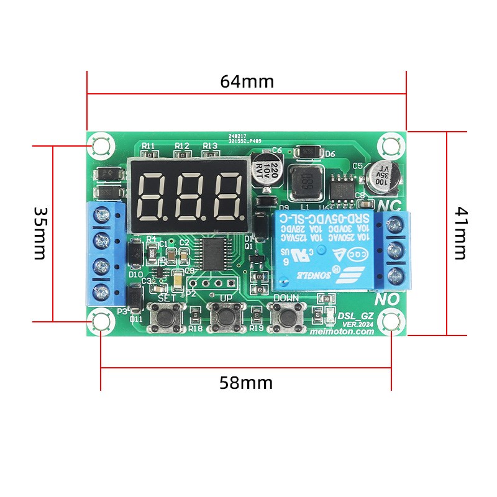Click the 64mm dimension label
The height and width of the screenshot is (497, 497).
pyautogui.click(x=247, y=81)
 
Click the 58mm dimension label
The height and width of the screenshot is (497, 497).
pyautogui.click(x=246, y=383)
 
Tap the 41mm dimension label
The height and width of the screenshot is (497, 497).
pyautogui.click(x=460, y=233)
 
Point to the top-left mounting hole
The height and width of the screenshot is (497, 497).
pyautogui.click(x=100, y=146)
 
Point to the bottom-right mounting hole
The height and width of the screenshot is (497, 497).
pyautogui.click(x=391, y=321)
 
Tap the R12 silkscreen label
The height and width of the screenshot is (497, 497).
pyautogui.click(x=182, y=145)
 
